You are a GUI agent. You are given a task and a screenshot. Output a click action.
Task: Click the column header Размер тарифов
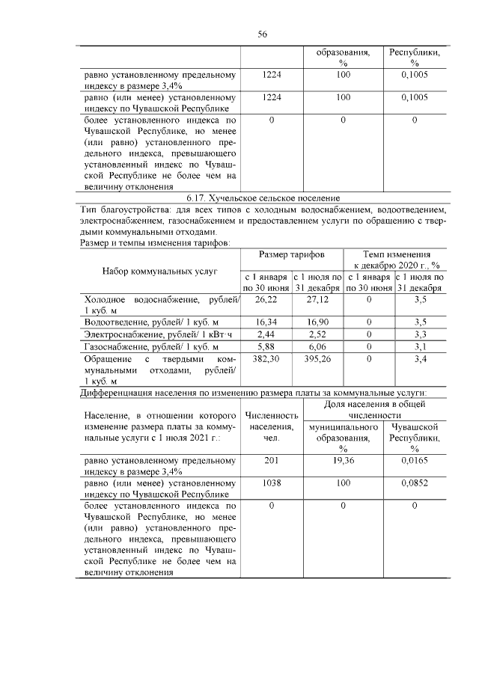point(291,255)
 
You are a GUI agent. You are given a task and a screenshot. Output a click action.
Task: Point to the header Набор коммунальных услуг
point(159,270)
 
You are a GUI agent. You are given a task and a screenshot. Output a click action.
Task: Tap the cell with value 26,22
point(266,299)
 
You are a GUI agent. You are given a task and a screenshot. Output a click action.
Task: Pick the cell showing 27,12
point(317,299)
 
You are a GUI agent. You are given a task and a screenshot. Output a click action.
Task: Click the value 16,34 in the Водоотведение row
point(266,321)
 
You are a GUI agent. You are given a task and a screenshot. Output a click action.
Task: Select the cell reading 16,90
point(317,321)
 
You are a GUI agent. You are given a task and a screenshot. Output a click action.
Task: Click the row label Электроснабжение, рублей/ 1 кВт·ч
point(159,334)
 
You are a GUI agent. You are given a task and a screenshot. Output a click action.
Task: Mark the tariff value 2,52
point(317,334)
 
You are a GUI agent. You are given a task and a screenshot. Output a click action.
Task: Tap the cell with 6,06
point(317,346)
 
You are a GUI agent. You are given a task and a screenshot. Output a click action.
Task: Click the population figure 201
point(271,461)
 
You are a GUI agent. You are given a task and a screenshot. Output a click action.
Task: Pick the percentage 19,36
point(343,461)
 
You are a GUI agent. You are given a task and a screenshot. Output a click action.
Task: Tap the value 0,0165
point(414,461)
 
